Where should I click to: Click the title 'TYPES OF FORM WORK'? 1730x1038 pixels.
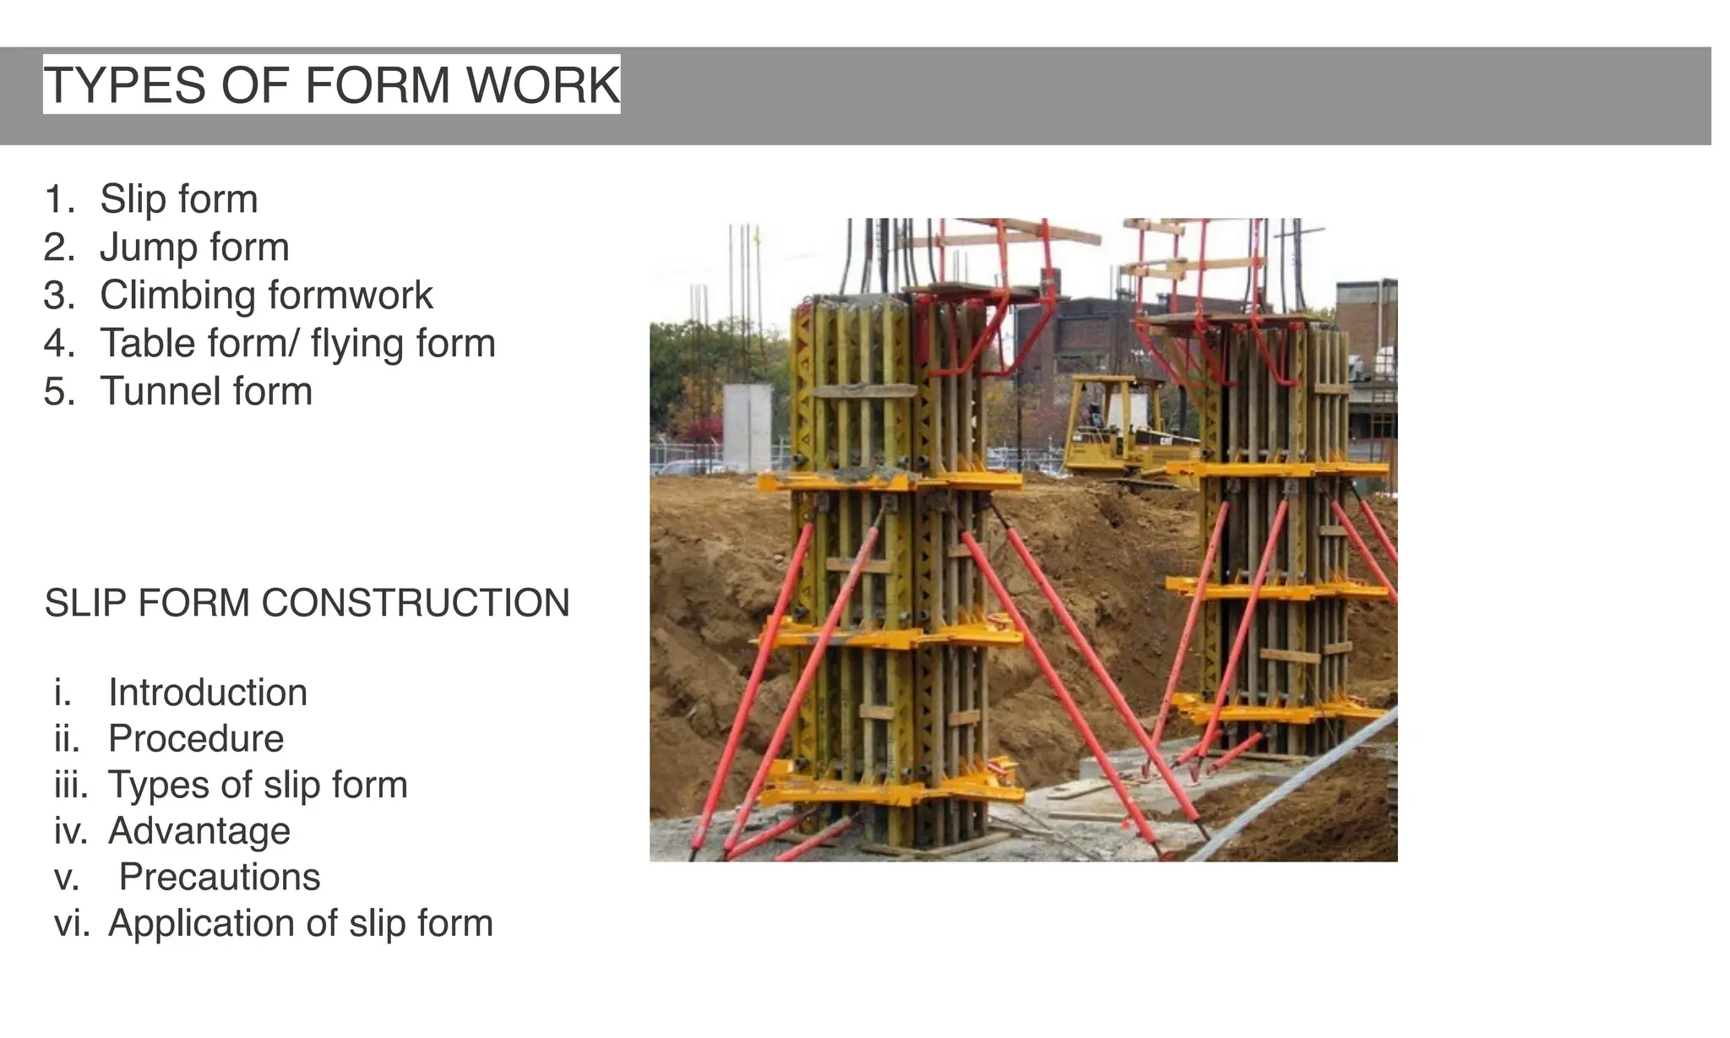click(x=331, y=84)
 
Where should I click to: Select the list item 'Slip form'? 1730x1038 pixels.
click(x=178, y=199)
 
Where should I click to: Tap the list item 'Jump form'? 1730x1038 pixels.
click(x=194, y=247)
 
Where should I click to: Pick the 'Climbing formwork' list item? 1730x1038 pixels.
click(x=266, y=296)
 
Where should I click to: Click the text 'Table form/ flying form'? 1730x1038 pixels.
click(x=297, y=344)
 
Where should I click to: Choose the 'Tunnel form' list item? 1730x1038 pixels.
click(x=206, y=392)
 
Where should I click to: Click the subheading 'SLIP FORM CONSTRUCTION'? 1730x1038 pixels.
click(x=307, y=603)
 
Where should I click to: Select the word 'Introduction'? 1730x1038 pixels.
click(x=208, y=693)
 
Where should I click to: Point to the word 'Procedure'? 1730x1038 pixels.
click(x=196, y=739)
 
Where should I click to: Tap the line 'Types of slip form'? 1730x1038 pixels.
click(x=258, y=785)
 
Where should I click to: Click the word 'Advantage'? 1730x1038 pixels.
click(x=199, y=831)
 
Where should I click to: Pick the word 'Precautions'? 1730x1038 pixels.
click(x=220, y=877)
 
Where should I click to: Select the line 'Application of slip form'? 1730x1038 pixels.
click(x=301, y=923)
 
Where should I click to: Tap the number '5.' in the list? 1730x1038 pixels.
click(x=59, y=392)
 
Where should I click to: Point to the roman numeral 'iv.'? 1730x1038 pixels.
click(x=71, y=831)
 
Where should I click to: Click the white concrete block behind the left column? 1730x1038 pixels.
click(x=748, y=427)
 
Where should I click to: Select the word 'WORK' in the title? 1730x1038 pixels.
click(x=542, y=84)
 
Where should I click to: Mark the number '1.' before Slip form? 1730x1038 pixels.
click(x=59, y=199)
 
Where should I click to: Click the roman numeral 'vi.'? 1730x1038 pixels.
click(x=72, y=923)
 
